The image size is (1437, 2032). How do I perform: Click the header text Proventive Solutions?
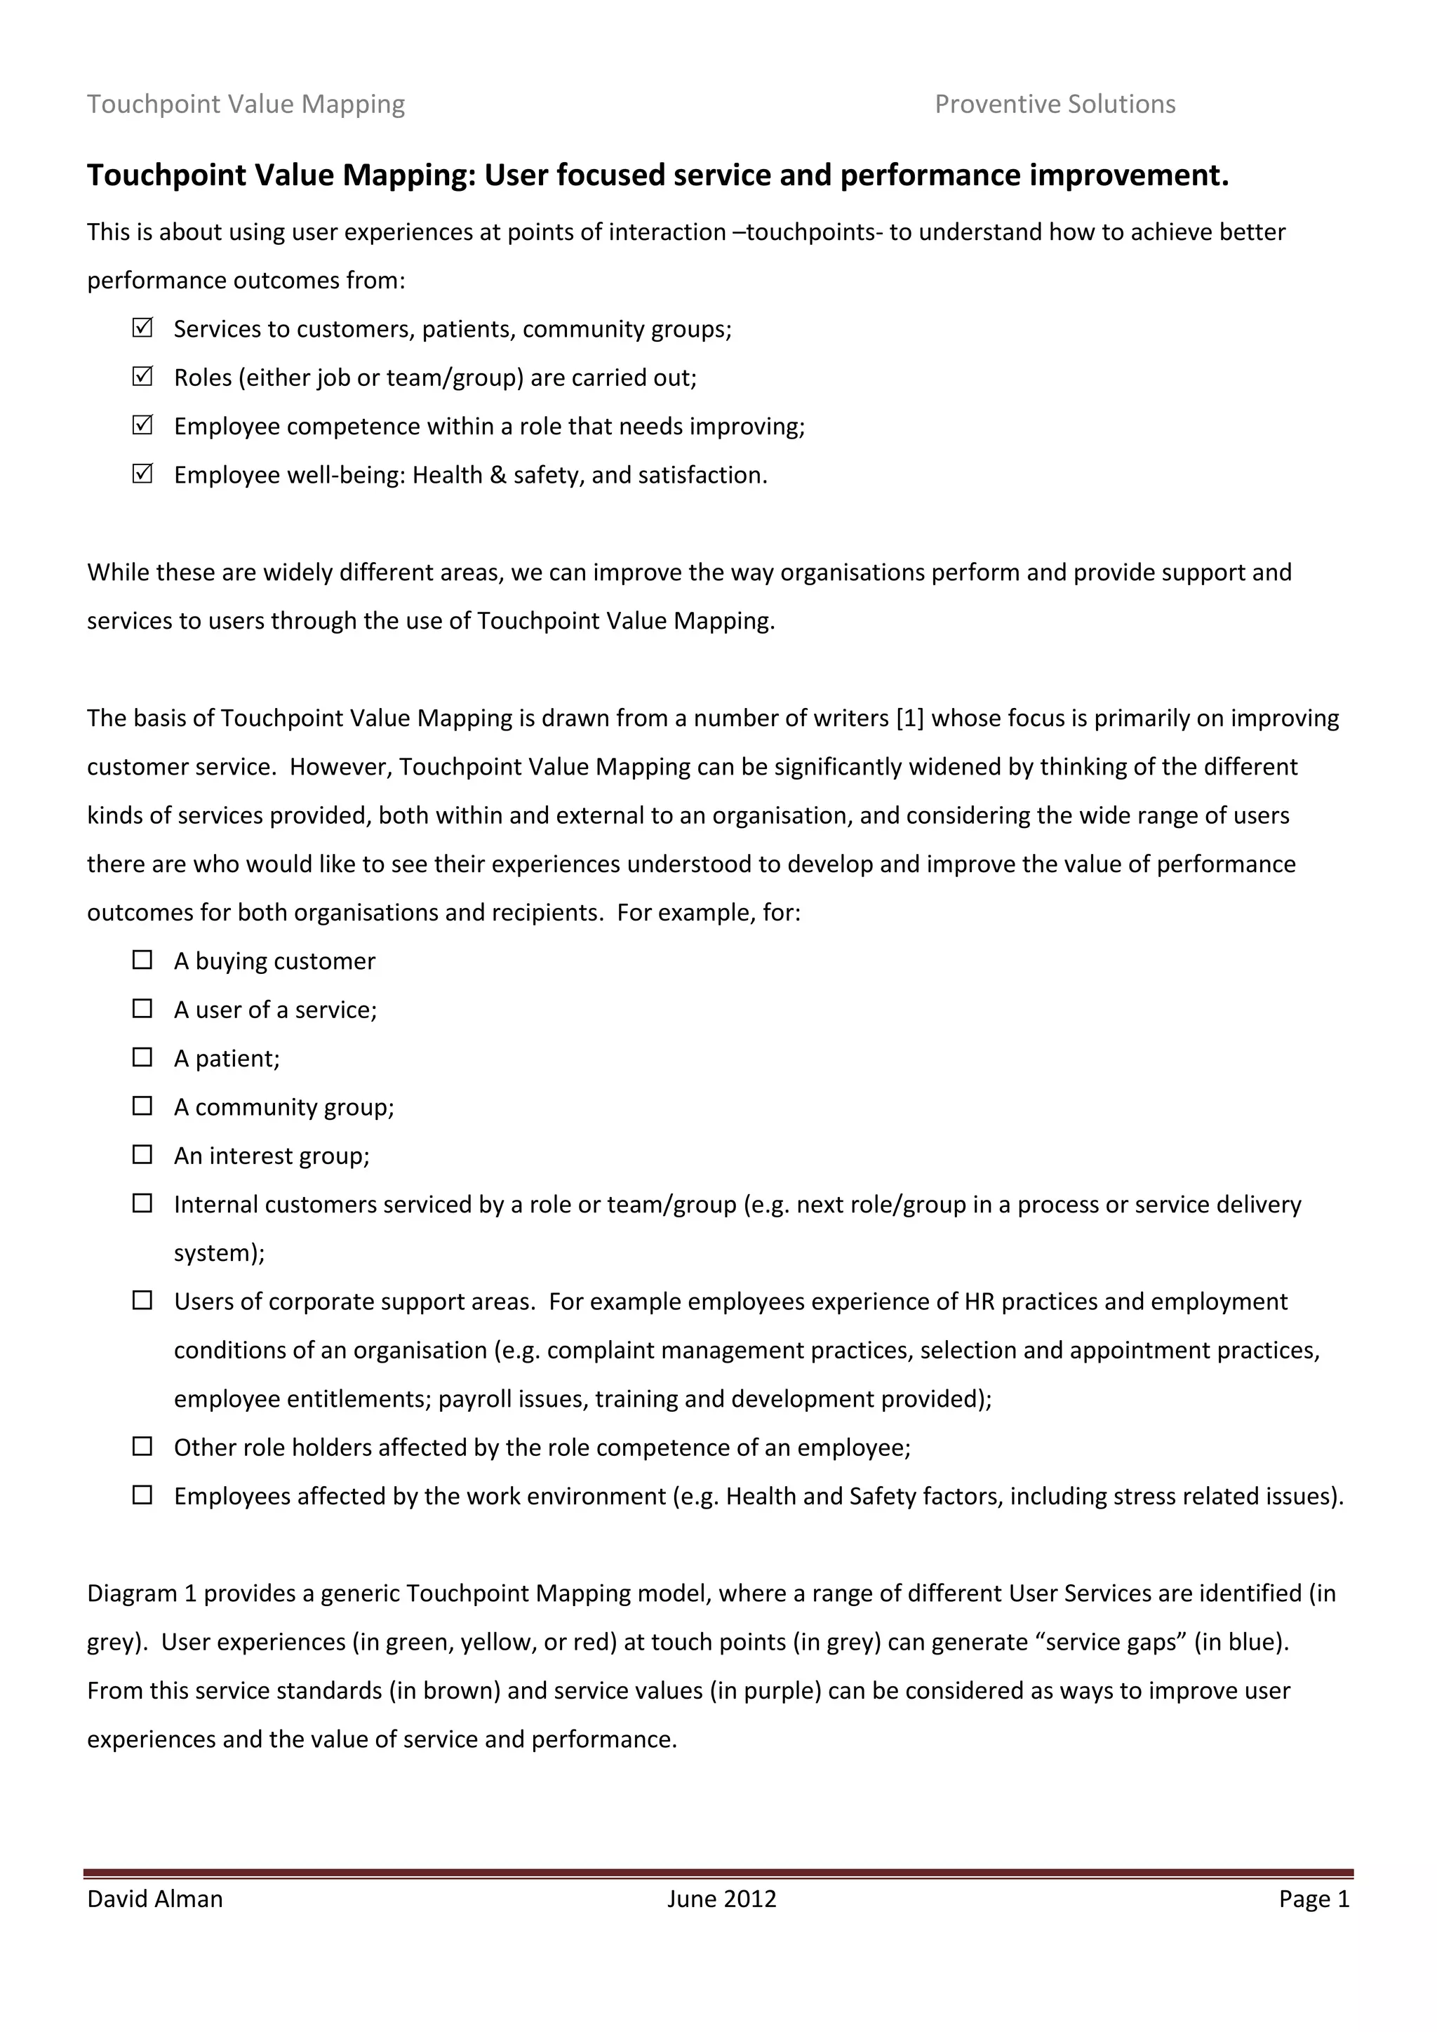1055,105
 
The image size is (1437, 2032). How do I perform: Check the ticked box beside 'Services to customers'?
142,328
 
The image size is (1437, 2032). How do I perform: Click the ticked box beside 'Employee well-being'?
142,474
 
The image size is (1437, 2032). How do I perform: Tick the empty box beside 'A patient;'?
142,1057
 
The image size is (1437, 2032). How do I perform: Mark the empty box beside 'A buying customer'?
142,961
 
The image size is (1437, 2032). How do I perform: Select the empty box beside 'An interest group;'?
142,1155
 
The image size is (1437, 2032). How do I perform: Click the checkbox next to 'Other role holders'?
142,1447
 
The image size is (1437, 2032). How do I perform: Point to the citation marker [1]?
909,718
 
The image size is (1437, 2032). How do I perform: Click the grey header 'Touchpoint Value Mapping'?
246,105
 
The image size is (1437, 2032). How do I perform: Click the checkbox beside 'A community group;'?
142,1107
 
